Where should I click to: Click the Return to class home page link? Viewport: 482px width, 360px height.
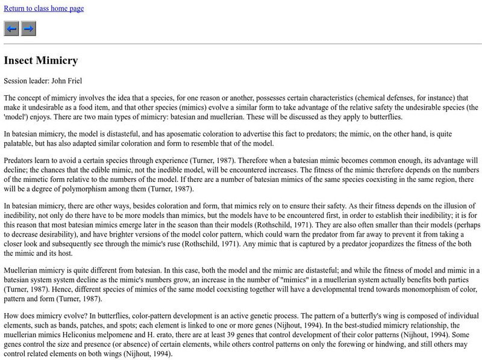44,8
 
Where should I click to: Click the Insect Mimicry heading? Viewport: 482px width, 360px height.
41,61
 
